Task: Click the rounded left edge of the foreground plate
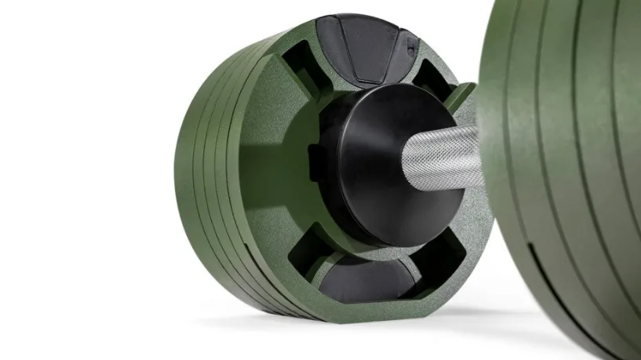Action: (x=490, y=157)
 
